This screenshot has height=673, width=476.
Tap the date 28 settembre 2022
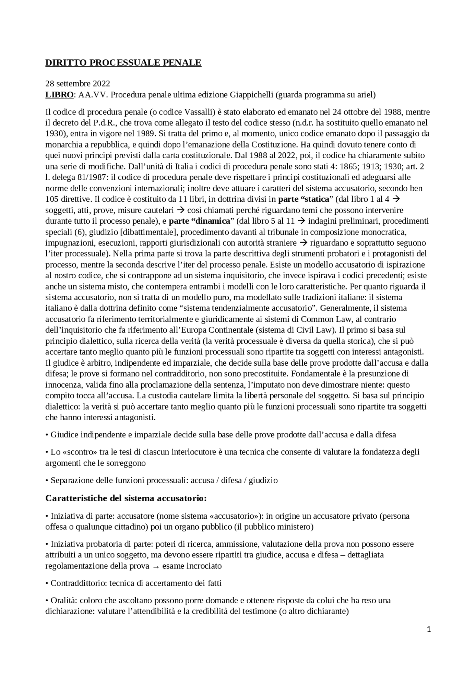[78, 84]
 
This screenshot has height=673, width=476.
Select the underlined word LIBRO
[59, 95]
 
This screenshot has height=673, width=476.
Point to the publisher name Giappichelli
[251, 95]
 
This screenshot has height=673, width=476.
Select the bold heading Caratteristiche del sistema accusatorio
[126, 498]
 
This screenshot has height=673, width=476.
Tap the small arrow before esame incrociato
[155, 566]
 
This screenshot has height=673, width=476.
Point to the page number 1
[429, 629]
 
